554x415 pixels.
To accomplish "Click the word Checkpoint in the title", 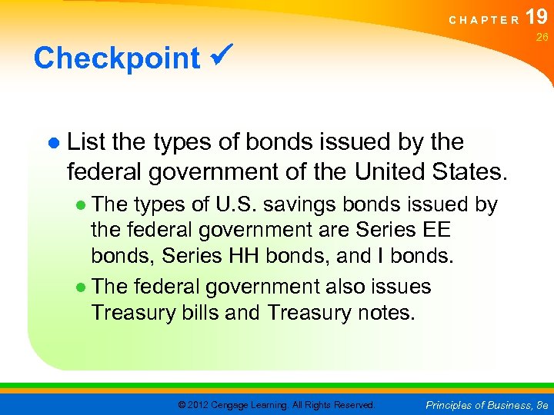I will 116,58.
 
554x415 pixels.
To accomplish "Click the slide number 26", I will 541,36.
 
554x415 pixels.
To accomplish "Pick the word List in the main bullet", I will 87,141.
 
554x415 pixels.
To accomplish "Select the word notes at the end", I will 390,312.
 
